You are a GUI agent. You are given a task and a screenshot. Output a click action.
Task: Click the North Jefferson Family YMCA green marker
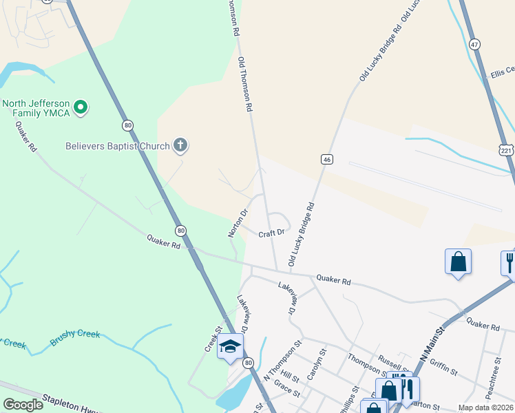(81, 107)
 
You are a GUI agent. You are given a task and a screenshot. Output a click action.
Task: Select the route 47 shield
(474, 43)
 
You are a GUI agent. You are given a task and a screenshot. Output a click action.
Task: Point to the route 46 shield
(327, 159)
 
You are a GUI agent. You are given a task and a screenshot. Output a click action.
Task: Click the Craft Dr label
(272, 234)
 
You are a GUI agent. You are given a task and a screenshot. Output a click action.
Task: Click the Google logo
(23, 405)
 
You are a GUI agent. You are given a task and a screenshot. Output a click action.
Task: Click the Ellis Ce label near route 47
(502, 72)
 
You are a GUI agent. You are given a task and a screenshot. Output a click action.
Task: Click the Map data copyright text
(485, 407)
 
